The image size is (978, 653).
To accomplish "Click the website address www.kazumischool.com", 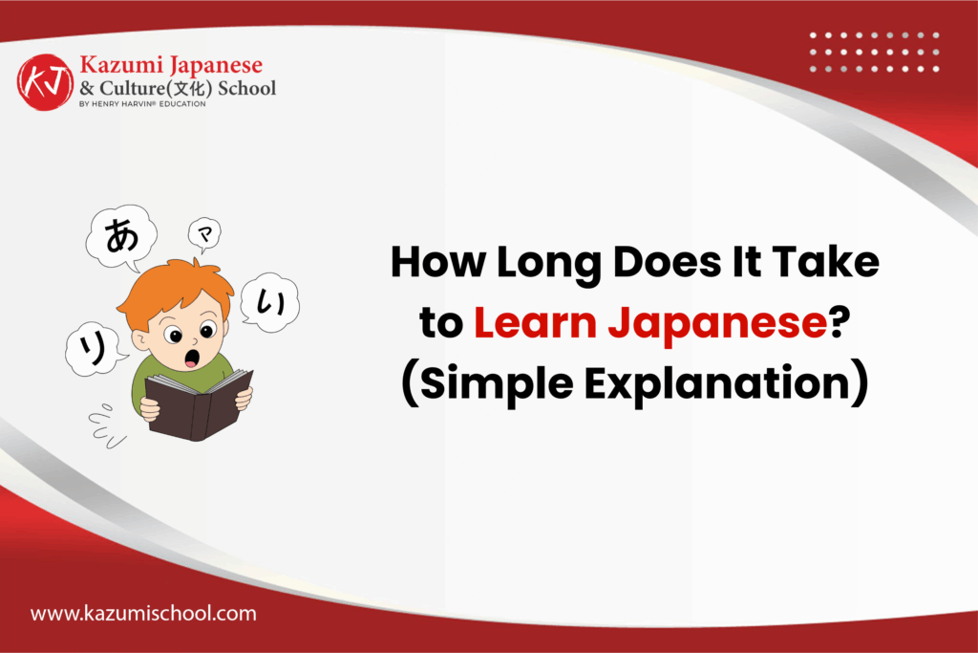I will pyautogui.click(x=143, y=614).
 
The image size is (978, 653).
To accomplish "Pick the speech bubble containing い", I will pyautogui.click(x=269, y=303).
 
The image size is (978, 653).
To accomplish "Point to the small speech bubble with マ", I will pyautogui.click(x=203, y=231).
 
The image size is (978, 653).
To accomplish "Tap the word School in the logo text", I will pyautogui.click(x=246, y=88).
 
